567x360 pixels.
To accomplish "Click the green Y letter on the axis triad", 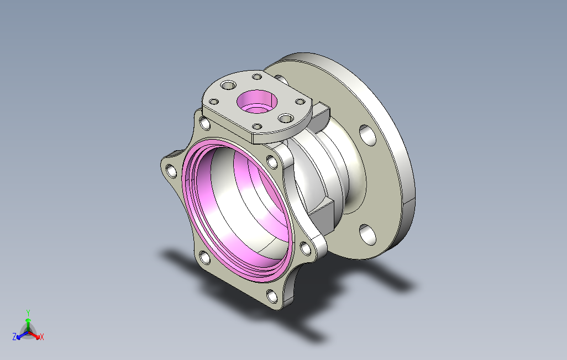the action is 28,313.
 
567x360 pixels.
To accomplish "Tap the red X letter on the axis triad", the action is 42,337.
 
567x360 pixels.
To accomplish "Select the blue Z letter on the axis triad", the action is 14,337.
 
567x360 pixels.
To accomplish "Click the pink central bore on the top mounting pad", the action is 257,102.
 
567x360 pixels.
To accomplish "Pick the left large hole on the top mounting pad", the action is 228,86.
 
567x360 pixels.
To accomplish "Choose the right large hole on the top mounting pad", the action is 286,118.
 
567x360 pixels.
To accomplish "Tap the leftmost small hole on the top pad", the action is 214,102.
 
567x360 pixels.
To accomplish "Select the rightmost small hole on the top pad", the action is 301,102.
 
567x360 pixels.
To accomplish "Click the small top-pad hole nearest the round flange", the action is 257,77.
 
